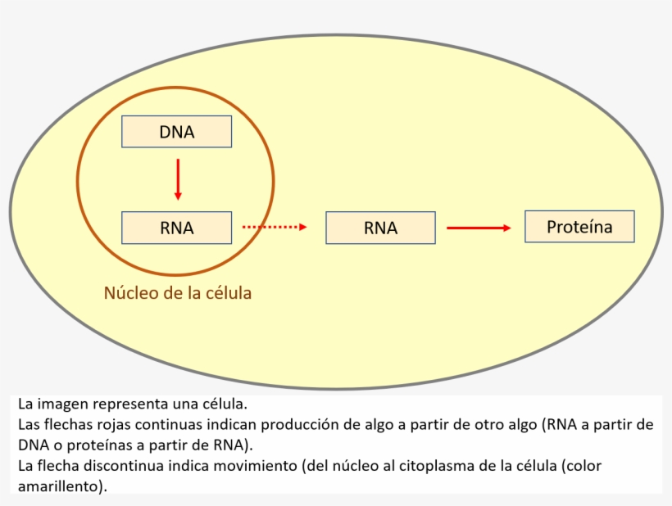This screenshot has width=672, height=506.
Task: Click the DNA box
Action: click(x=176, y=132)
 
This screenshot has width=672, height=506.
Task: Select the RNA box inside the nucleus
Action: click(x=176, y=228)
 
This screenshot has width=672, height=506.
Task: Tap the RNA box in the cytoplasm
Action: click(x=380, y=228)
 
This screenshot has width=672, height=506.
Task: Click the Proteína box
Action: click(x=579, y=227)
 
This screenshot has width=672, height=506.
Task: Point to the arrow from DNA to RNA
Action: click(x=178, y=179)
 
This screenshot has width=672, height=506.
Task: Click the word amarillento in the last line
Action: click(x=57, y=486)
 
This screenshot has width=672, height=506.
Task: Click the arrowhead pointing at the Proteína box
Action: click(x=506, y=228)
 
